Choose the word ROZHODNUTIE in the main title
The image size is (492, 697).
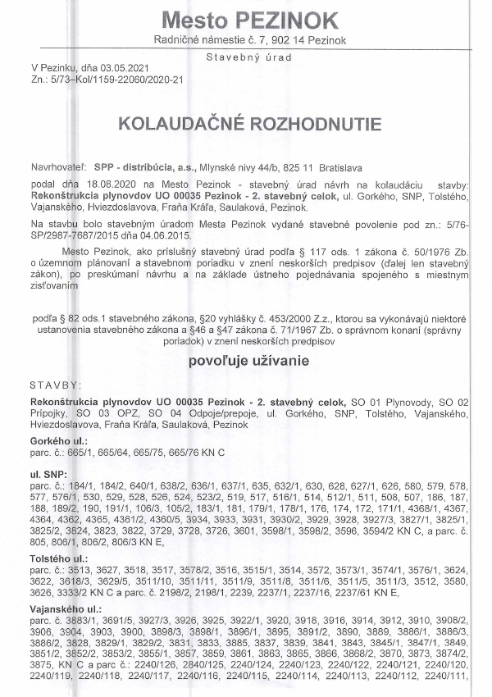click(314, 124)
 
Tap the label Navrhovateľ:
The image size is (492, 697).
click(57, 164)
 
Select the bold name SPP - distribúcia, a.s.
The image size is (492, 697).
click(141, 164)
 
